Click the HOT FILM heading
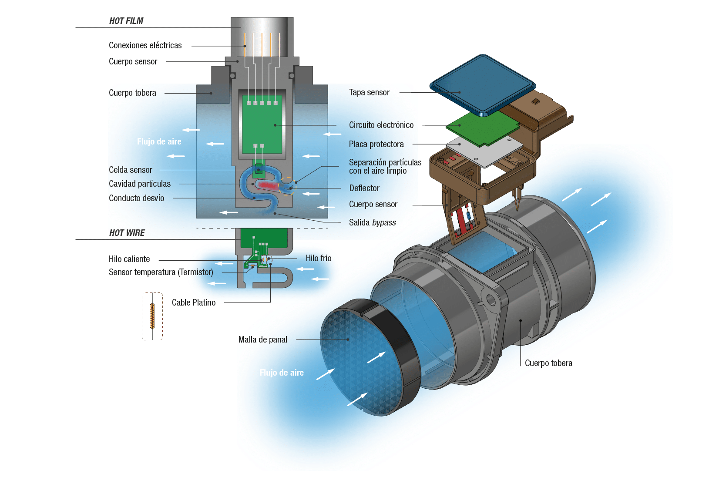pos(126,21)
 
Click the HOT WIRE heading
pos(127,233)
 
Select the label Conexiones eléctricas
pos(145,45)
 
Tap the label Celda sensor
pos(131,170)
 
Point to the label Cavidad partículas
pos(140,184)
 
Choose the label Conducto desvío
pos(136,198)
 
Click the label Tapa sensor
pos(369,92)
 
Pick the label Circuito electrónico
pos(381,125)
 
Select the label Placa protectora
pos(376,145)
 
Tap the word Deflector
pos(364,188)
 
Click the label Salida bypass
pos(372,222)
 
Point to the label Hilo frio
pos(319,258)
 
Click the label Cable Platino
pos(194,302)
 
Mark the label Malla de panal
pos(263,339)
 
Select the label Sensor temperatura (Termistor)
pos(161,272)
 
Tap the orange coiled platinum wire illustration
pos(152,316)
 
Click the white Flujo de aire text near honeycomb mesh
pos(282,373)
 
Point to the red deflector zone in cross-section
pos(268,185)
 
